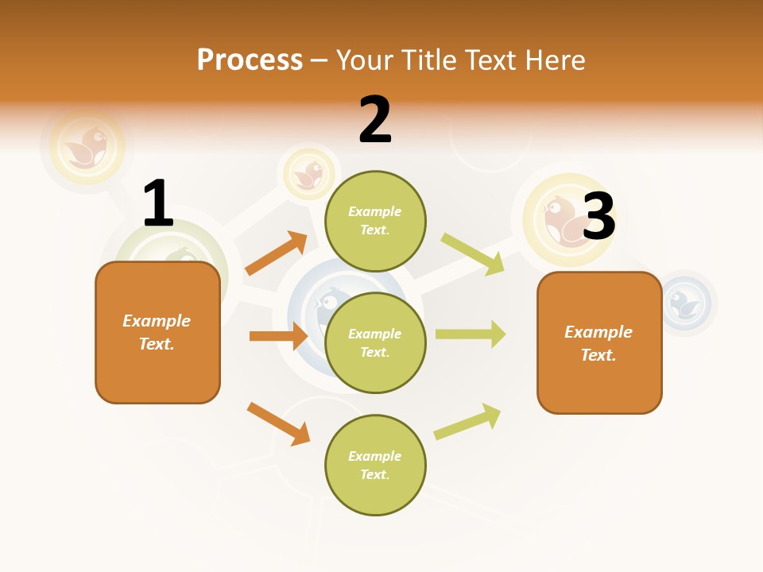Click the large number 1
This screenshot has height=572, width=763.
click(x=157, y=204)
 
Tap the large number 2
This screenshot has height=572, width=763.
click(x=375, y=120)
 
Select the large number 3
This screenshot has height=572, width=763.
click(x=598, y=217)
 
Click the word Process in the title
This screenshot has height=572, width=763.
click(x=250, y=60)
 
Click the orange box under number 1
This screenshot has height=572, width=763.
click(x=157, y=332)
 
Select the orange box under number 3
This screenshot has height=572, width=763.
click(x=599, y=342)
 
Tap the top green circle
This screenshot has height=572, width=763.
click(x=375, y=221)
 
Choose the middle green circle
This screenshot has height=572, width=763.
click(x=375, y=342)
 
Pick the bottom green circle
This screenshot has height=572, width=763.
click(x=375, y=465)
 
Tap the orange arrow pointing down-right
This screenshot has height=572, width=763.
click(x=278, y=423)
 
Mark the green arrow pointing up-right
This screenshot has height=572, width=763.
click(x=467, y=422)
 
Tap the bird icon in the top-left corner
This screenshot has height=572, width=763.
click(x=87, y=147)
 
